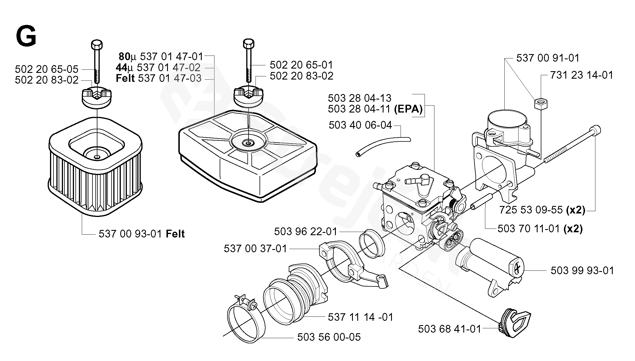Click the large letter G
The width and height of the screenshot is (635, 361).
26,36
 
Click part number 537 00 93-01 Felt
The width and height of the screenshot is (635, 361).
141,234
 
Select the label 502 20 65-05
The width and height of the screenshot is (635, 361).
47,69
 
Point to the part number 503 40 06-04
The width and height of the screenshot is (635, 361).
360,125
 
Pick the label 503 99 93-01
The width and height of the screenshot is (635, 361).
582,271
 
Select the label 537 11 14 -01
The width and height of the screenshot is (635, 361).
360,317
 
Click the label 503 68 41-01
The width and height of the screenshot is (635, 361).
449,329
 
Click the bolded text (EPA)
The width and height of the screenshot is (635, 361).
408,109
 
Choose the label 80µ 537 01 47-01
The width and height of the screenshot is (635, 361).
161,56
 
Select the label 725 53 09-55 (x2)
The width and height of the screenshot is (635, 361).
542,210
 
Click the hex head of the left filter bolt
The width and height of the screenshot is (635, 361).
97,45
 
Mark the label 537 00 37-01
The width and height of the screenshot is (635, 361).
255,248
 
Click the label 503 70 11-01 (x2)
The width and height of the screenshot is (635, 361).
540,229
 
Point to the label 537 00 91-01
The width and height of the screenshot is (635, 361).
548,58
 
